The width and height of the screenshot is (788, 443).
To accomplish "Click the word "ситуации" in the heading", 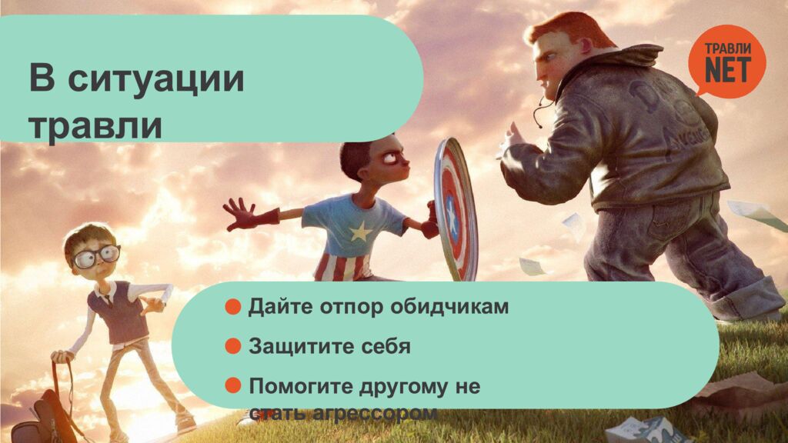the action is [155, 79].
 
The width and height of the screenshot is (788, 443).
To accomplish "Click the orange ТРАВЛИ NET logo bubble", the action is [727, 61].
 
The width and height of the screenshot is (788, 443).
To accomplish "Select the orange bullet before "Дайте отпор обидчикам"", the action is [232, 306].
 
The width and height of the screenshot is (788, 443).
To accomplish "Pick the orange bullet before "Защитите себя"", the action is [232, 346].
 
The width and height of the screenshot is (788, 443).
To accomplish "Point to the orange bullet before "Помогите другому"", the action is [232, 386].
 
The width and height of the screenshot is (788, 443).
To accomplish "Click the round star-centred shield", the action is [455, 208].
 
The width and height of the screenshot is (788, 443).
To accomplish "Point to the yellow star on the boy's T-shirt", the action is [361, 232].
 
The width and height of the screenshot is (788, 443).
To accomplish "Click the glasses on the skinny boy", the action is [96, 256].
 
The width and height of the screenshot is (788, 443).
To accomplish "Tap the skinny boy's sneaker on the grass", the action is [186, 421].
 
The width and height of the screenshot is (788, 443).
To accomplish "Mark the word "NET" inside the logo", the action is [728, 69].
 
